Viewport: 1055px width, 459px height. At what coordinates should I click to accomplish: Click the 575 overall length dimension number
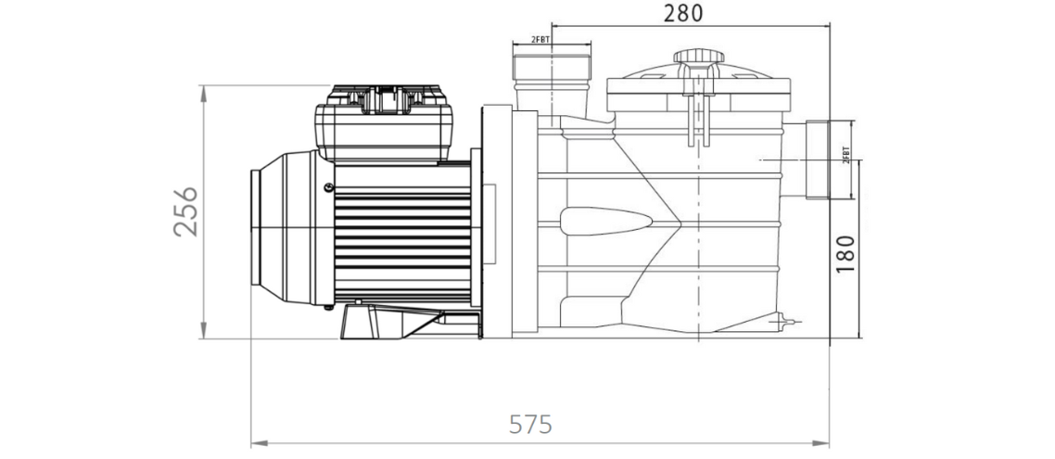click(x=531, y=425)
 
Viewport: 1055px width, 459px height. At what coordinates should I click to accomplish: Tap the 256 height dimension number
click(x=186, y=211)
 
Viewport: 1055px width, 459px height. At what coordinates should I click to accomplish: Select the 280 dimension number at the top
click(x=683, y=13)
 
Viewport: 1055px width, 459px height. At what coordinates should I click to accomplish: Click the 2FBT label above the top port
click(x=541, y=40)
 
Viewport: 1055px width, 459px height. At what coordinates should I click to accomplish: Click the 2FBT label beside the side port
click(x=845, y=155)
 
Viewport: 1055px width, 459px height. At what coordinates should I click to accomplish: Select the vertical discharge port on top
click(x=553, y=83)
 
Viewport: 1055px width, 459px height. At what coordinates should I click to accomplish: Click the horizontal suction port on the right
click(x=829, y=160)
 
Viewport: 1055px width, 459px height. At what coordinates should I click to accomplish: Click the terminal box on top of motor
click(x=384, y=125)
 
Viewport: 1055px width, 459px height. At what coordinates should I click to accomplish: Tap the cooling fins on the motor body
click(x=403, y=241)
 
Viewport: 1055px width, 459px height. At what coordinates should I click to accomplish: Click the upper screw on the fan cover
click(x=327, y=187)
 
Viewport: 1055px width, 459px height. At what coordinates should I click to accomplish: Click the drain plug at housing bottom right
click(x=790, y=322)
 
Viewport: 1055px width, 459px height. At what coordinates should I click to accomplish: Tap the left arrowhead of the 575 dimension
click(x=256, y=443)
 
